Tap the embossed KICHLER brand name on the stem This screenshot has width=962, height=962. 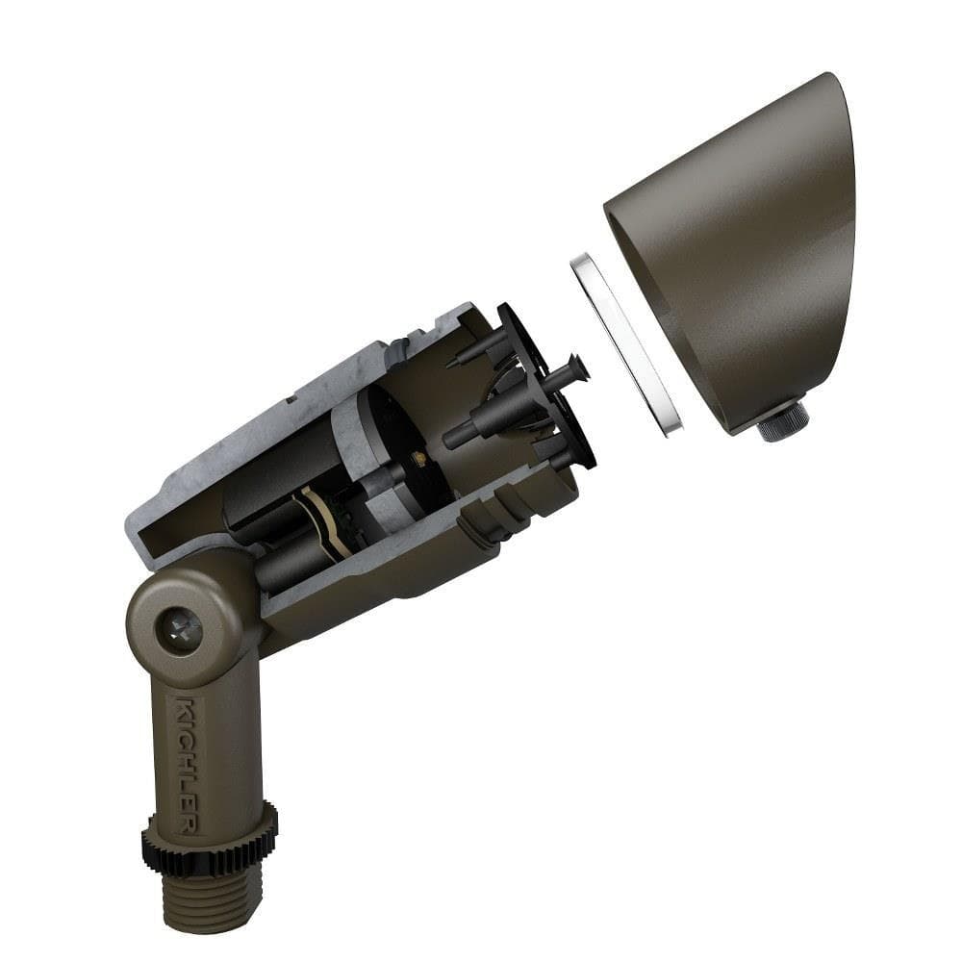(x=189, y=765)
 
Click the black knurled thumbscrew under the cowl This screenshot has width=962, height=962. (x=781, y=421)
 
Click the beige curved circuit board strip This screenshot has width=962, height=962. (x=324, y=519)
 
